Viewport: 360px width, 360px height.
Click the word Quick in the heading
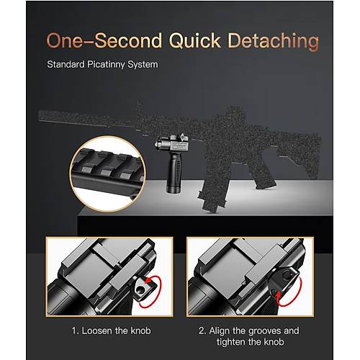click(195, 41)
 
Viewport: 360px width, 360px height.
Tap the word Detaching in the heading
click(274, 41)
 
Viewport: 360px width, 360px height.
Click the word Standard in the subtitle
click(66, 64)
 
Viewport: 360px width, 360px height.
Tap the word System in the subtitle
click(143, 65)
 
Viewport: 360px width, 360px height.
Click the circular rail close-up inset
click(108, 174)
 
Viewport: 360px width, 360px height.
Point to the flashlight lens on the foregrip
click(158, 145)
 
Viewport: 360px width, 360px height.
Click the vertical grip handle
click(174, 174)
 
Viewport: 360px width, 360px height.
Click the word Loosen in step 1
click(97, 330)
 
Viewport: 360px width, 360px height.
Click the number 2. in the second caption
click(202, 331)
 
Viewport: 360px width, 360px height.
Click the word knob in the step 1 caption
click(140, 330)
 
